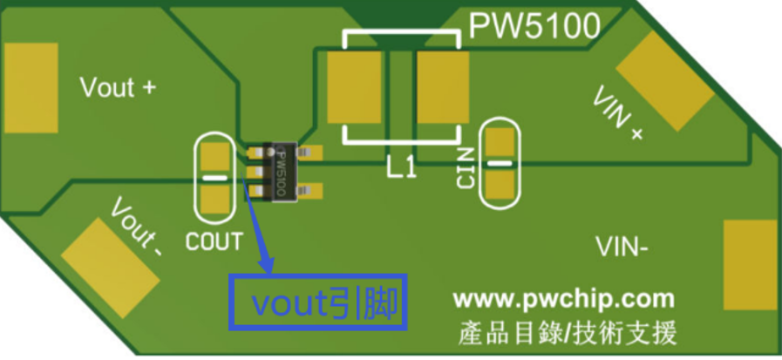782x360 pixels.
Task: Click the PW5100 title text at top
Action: click(534, 27)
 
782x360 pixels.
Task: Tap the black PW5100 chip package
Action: click(280, 171)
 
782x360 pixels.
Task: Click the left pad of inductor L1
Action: click(354, 87)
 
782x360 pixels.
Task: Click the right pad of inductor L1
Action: click(443, 87)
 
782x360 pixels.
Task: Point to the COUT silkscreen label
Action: click(214, 240)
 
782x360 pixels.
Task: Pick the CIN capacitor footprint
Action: click(500, 163)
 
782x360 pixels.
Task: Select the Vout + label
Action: click(119, 88)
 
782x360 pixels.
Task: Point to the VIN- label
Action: click(622, 248)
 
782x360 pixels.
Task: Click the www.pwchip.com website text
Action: click(563, 299)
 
